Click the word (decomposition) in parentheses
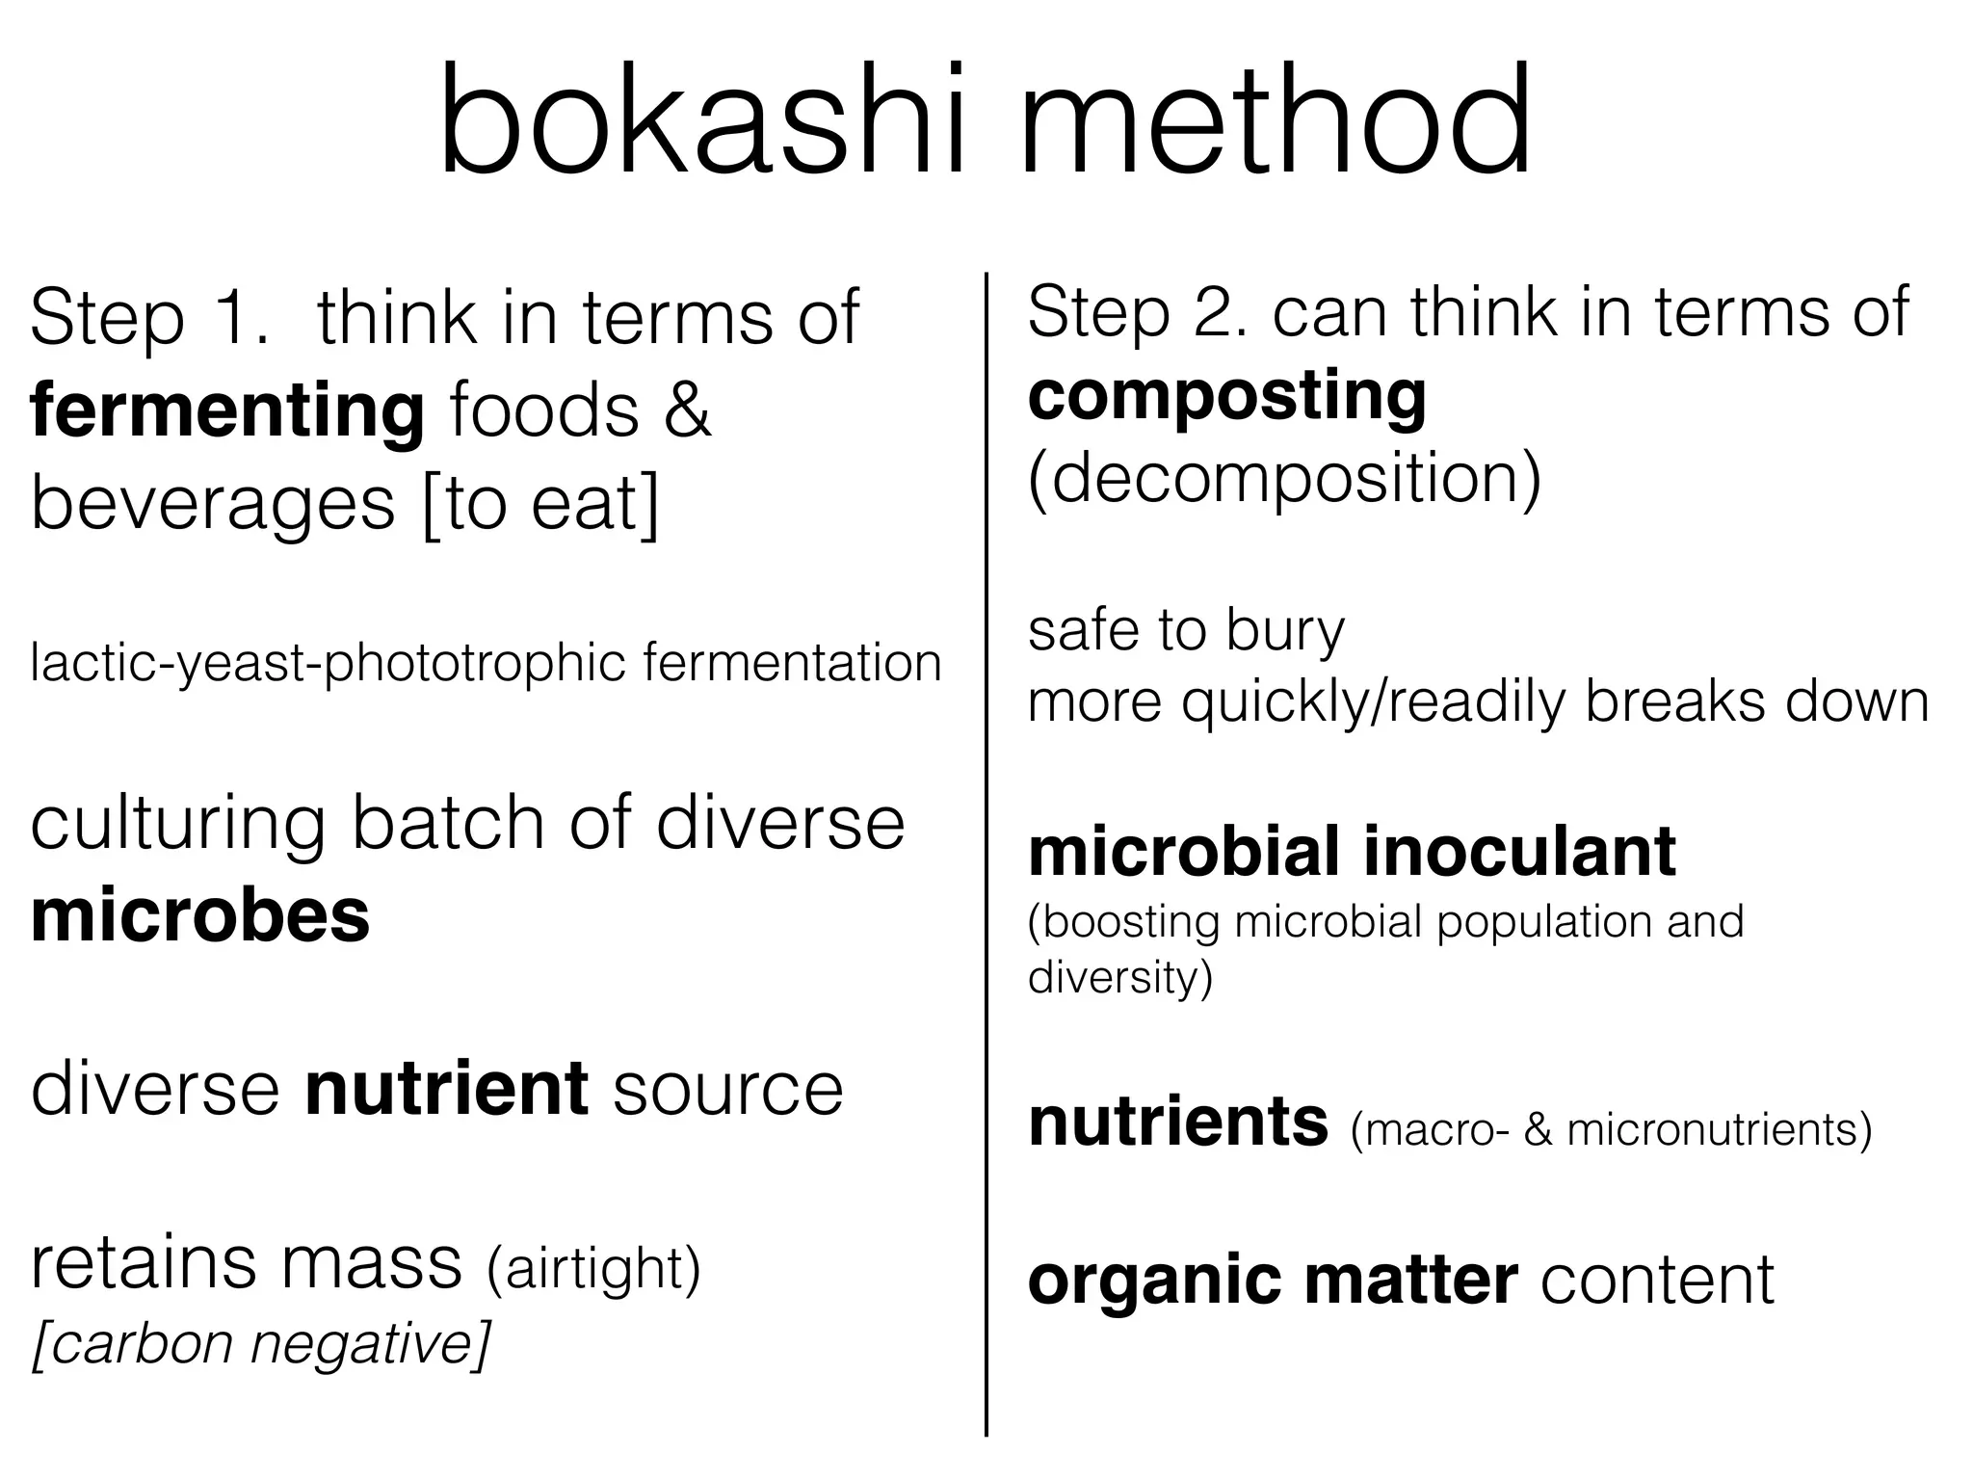pyautogui.click(x=1284, y=478)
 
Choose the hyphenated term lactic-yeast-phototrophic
pyautogui.click(x=329, y=664)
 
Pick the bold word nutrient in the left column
pyautogui.click(x=446, y=1089)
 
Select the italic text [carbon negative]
pyautogui.click(x=261, y=1343)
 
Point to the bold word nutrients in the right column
pyautogui.click(x=1178, y=1123)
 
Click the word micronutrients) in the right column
pyautogui.click(x=1720, y=1129)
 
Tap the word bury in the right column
pyautogui.click(x=1285, y=632)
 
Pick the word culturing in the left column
pyautogui.click(x=178, y=824)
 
